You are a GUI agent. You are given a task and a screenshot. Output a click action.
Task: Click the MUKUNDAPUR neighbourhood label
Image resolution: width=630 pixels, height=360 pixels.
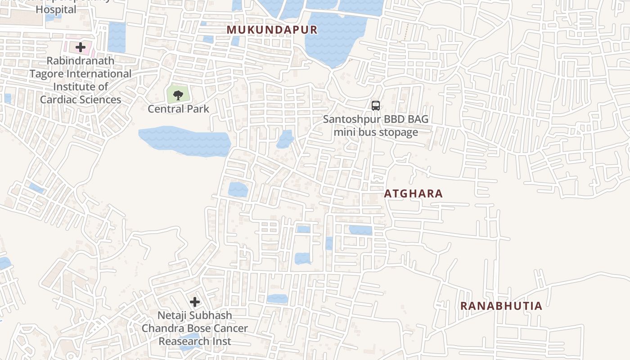(272, 30)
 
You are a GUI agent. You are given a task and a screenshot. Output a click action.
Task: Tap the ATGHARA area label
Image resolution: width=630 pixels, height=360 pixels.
(413, 193)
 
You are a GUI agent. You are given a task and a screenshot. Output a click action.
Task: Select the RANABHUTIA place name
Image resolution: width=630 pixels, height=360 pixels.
(501, 306)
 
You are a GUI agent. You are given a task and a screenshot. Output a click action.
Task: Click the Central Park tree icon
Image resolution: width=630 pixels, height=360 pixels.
(178, 95)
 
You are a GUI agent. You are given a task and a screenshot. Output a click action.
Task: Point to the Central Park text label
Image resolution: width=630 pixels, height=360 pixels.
(178, 109)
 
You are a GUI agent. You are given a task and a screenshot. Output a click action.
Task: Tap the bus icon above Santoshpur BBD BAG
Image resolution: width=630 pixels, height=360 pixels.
(375, 106)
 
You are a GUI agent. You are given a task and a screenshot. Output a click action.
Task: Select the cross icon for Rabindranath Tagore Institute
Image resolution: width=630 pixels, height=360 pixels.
(81, 47)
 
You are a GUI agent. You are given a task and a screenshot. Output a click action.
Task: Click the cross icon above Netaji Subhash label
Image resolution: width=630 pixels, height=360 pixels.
(194, 301)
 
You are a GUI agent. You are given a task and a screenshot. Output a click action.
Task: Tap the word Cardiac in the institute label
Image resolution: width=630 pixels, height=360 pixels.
(59, 99)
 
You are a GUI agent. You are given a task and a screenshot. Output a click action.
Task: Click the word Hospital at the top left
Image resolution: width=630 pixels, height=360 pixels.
(56, 9)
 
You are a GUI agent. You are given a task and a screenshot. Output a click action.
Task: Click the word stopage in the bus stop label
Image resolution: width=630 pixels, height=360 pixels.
(398, 132)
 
